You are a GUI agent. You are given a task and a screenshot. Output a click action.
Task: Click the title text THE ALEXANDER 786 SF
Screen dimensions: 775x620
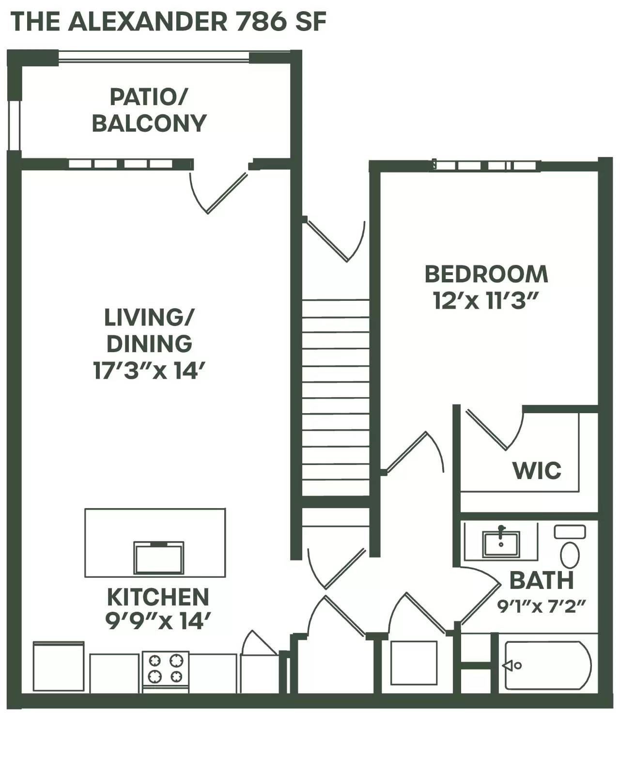click(168, 22)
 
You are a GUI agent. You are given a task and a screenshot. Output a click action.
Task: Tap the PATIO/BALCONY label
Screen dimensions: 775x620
click(149, 110)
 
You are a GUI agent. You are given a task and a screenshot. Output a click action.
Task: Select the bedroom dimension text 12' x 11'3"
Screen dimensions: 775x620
click(486, 301)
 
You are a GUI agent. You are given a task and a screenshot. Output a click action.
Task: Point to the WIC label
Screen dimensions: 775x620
click(537, 470)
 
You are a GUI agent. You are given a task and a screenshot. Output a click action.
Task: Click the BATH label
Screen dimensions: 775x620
click(542, 580)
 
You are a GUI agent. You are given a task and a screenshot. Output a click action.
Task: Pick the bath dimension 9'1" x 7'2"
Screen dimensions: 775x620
click(542, 606)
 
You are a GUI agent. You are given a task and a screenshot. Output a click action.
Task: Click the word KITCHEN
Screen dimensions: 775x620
click(158, 597)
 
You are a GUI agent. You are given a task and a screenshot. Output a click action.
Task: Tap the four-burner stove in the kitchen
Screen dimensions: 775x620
click(165, 669)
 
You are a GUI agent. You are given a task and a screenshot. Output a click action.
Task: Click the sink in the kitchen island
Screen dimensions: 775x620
click(159, 558)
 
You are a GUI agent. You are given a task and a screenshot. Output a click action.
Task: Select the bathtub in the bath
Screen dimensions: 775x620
click(547, 666)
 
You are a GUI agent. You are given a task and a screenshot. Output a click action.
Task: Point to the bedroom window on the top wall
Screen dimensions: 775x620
click(486, 166)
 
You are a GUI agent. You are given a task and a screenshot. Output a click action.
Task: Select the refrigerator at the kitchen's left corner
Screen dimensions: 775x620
click(58, 666)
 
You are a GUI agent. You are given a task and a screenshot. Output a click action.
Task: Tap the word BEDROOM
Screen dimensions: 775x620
click(486, 274)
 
